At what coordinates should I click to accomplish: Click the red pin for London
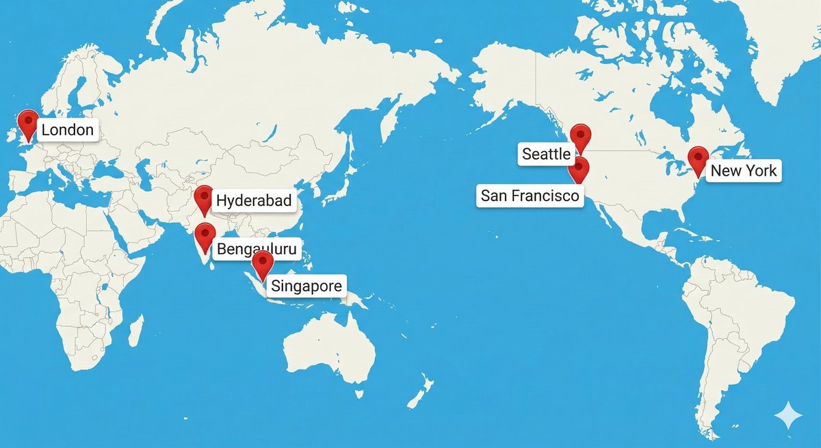28,123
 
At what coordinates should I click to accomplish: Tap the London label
68,130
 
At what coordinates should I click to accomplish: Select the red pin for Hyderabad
203,198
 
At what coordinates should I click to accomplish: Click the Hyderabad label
254,201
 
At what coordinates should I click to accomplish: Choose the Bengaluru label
257,250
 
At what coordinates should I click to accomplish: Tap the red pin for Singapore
262,263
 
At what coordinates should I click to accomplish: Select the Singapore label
306,286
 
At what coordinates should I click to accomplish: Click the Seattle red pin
580,136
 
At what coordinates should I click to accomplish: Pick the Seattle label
546,154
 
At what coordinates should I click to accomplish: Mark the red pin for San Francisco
579,168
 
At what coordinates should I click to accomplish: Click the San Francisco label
530,196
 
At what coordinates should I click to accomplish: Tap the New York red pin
698,159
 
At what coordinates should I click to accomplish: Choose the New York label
744,170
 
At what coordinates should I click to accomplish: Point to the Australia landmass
328,349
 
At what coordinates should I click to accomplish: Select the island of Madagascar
135,330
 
